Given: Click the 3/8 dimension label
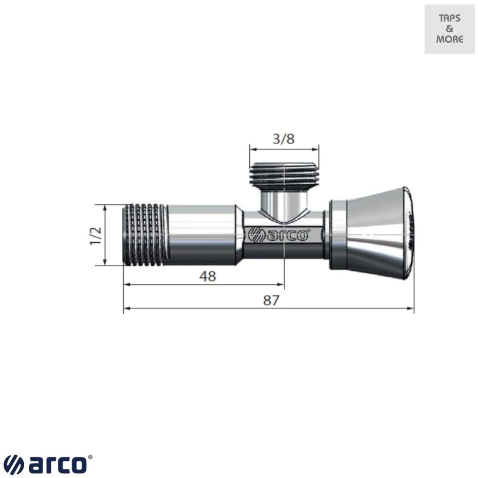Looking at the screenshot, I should (284, 139).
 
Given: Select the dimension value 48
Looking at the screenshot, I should (207, 276).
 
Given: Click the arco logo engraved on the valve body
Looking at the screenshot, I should (279, 235).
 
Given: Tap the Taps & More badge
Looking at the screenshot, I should (449, 29).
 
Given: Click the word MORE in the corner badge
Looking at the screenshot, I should (450, 39).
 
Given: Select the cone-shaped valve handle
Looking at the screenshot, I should (373, 233).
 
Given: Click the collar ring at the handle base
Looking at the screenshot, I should (338, 235).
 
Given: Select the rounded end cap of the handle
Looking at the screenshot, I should (408, 233).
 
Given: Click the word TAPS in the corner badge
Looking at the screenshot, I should (450, 19).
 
